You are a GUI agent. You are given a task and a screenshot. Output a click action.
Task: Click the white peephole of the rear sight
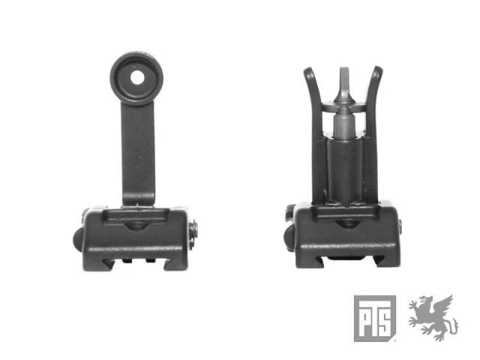pos(137,78)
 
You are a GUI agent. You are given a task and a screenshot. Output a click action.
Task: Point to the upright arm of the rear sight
pos(138,153)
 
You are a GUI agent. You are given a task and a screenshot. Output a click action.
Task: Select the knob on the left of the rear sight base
pos(77,239)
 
